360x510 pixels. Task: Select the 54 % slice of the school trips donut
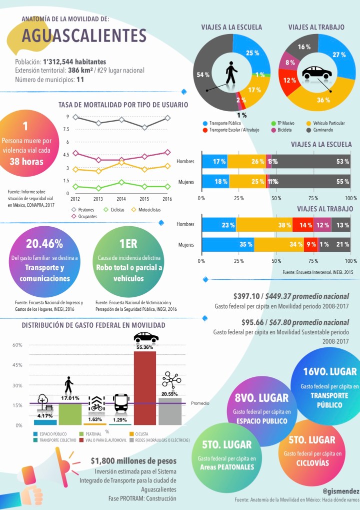tap(205, 75)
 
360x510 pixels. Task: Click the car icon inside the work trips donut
tap(316, 74)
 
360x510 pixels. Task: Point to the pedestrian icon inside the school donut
tap(230, 73)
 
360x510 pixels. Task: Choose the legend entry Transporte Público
tap(225, 123)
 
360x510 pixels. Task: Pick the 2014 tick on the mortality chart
tap(121, 199)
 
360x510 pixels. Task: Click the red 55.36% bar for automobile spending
tap(145, 388)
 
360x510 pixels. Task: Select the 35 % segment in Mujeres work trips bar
tap(228, 245)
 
